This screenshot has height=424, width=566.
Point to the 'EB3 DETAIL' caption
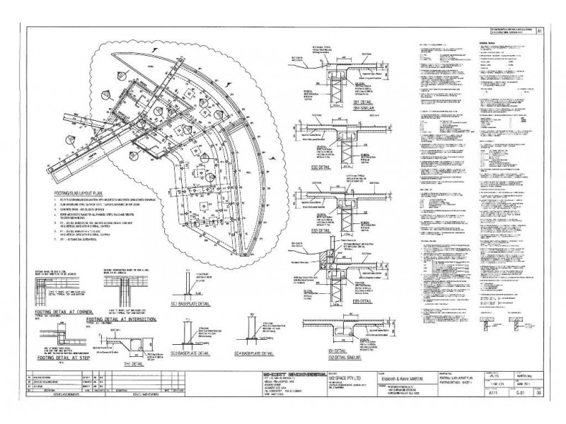[x=320, y=230]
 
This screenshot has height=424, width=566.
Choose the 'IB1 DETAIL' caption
[x=320, y=350]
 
